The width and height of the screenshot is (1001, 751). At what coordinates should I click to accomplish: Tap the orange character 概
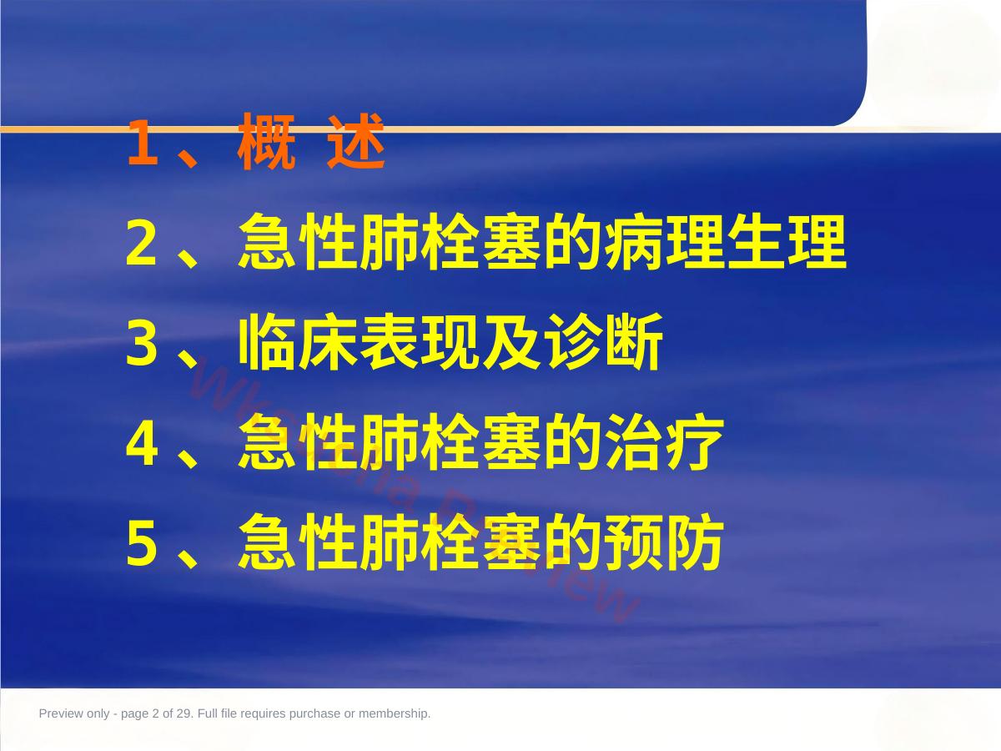(x=266, y=141)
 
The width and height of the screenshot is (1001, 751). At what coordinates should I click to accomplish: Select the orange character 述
(x=356, y=141)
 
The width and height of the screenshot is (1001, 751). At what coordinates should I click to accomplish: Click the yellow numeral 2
(x=142, y=242)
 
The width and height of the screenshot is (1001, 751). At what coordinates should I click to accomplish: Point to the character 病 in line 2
(x=634, y=241)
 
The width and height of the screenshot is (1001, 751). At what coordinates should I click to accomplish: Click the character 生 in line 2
(x=756, y=241)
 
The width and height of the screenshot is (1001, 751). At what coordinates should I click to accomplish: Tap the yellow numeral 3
(x=142, y=342)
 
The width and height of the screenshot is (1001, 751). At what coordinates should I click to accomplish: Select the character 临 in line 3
(x=267, y=342)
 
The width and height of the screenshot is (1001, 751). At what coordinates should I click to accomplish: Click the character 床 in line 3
(x=329, y=342)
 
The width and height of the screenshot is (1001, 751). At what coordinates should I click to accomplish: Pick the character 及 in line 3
(x=511, y=342)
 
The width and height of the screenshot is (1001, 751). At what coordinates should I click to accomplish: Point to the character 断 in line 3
(x=634, y=342)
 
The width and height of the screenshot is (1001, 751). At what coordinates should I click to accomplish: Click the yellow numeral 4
(x=142, y=443)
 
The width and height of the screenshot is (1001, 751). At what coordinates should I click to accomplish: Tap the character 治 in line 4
(x=634, y=442)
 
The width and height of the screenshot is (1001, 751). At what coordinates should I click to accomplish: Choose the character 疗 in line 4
(x=695, y=442)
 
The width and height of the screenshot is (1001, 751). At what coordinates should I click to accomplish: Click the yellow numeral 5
(x=142, y=543)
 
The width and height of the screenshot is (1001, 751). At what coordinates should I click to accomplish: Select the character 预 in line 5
(x=634, y=542)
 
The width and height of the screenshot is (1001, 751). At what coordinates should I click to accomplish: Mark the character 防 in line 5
(x=695, y=542)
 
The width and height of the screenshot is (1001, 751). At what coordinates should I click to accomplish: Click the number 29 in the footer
(x=184, y=713)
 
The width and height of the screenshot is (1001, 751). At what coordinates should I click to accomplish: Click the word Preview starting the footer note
(x=60, y=713)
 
